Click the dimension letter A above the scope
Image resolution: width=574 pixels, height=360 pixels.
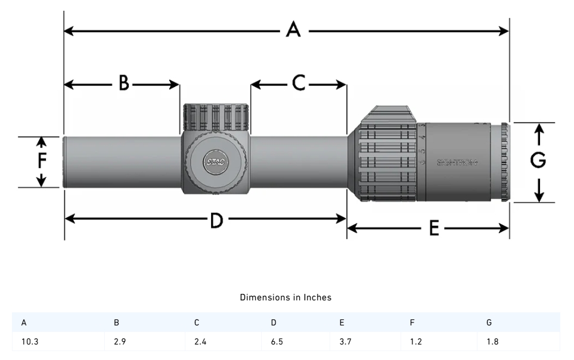(x=293, y=29)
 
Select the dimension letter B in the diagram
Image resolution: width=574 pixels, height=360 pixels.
(x=123, y=83)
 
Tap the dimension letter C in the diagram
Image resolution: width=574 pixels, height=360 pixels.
(x=299, y=83)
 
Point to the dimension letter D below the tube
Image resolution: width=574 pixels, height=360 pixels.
(x=216, y=221)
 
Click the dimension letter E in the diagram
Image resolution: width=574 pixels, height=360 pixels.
(x=433, y=228)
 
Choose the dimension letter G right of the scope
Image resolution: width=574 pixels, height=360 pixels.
(x=538, y=160)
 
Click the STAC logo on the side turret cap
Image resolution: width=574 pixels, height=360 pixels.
(x=214, y=162)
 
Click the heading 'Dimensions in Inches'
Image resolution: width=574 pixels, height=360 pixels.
(x=286, y=297)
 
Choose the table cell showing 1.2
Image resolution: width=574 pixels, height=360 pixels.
(x=414, y=342)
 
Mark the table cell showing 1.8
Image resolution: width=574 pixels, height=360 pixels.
(x=492, y=342)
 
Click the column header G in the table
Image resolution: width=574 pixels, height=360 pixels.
(x=489, y=322)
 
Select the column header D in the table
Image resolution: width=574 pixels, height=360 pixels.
(x=274, y=322)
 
